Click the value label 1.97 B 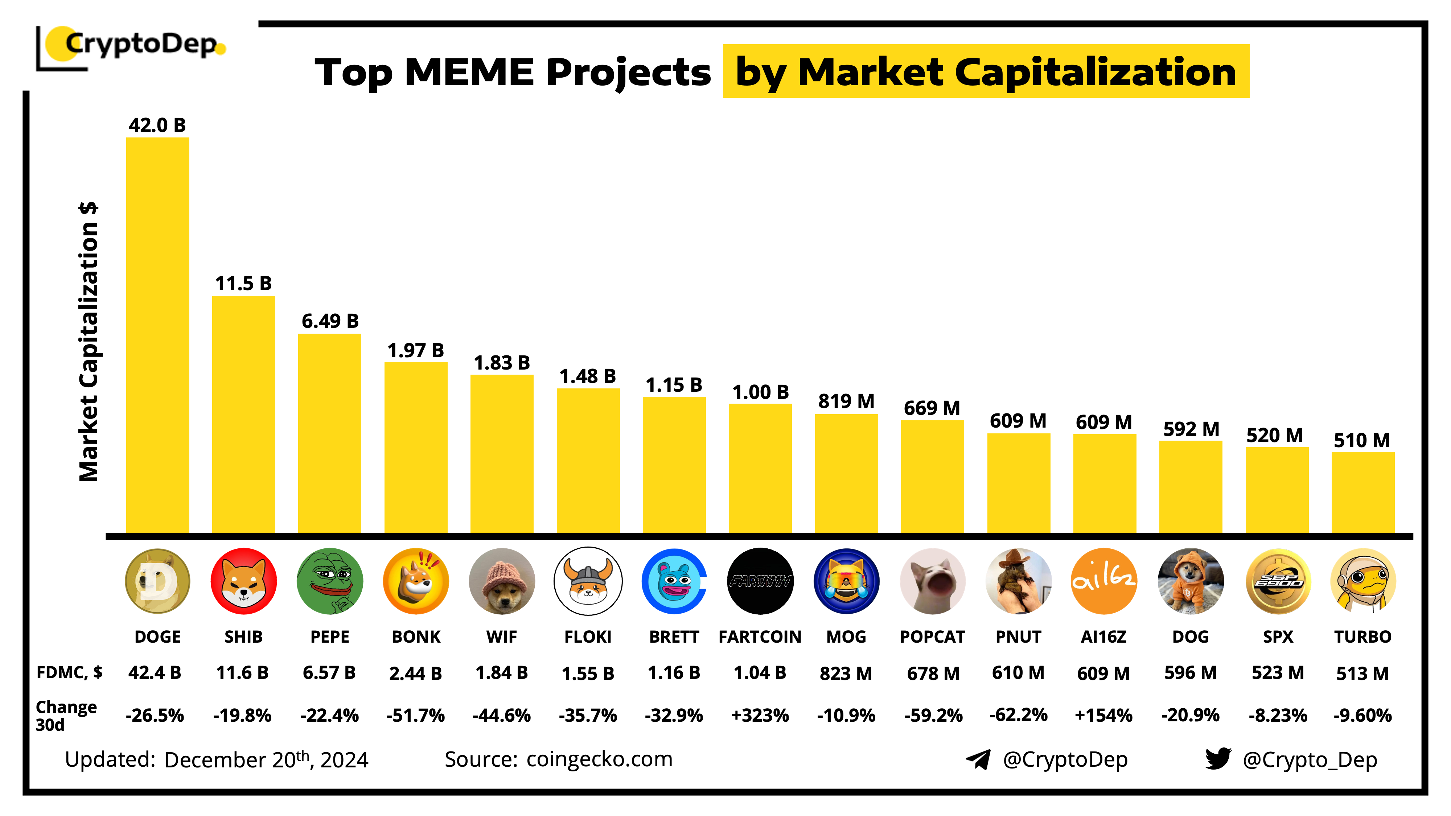(416, 350)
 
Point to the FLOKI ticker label (588, 636)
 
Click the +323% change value (760, 715)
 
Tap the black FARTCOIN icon (760, 581)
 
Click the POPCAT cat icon (932, 581)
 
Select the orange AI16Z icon (1103, 581)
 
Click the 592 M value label (1191, 429)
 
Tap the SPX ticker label (1278, 636)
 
